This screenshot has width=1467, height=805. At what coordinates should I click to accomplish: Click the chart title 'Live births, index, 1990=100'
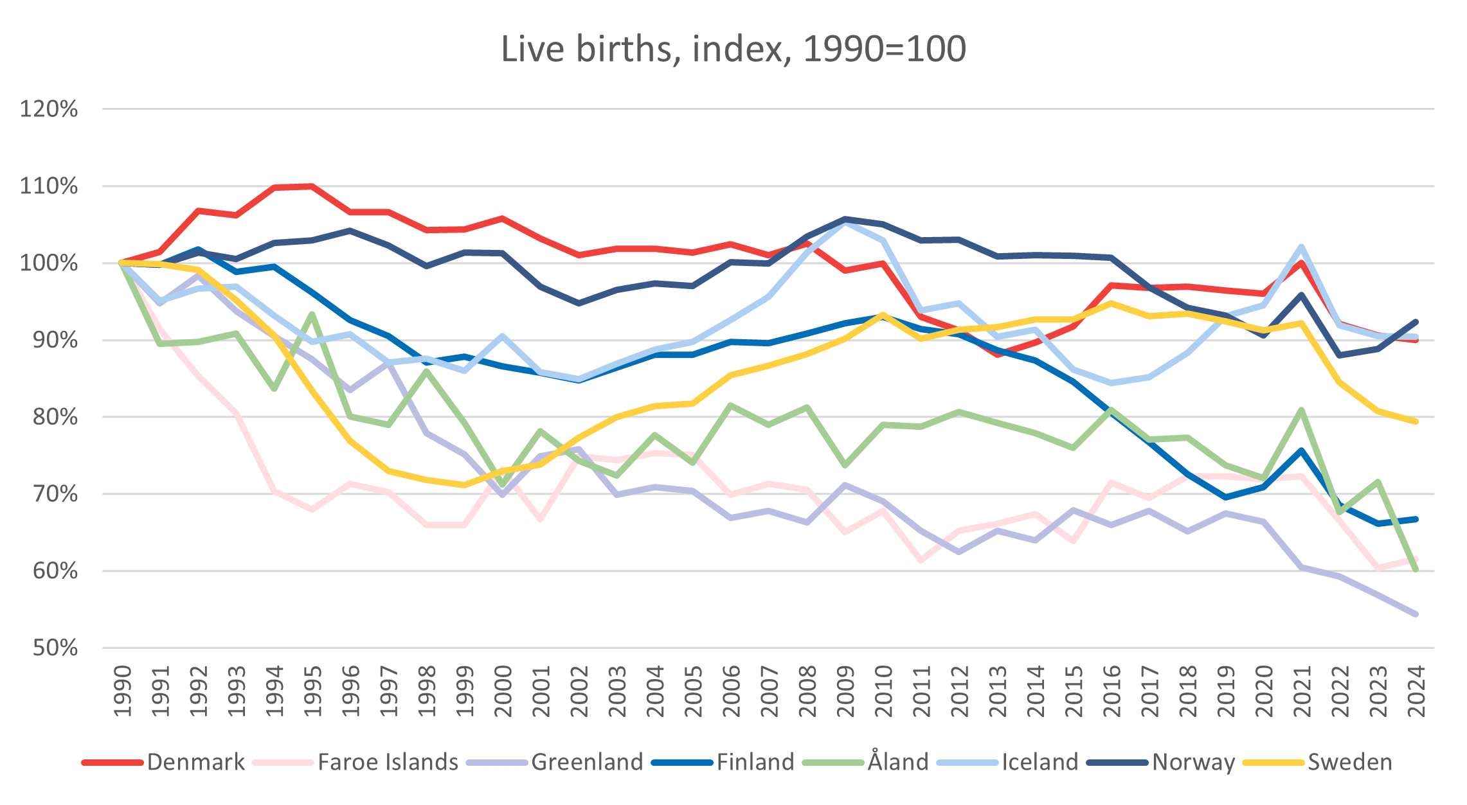tap(733, 49)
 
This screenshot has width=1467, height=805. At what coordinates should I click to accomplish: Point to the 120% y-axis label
tap(49, 109)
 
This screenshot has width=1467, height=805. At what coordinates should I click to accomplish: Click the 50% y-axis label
tap(55, 648)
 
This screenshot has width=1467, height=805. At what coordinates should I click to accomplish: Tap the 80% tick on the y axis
tap(55, 417)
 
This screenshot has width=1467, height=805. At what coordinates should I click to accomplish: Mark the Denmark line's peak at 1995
tap(312, 186)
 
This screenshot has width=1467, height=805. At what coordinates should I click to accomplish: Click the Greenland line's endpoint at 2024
tap(1416, 614)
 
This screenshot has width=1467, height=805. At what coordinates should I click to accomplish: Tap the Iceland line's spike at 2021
tap(1302, 247)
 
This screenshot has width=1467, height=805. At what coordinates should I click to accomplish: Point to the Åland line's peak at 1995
tap(312, 314)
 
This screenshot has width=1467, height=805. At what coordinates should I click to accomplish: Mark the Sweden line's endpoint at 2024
tap(1416, 421)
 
